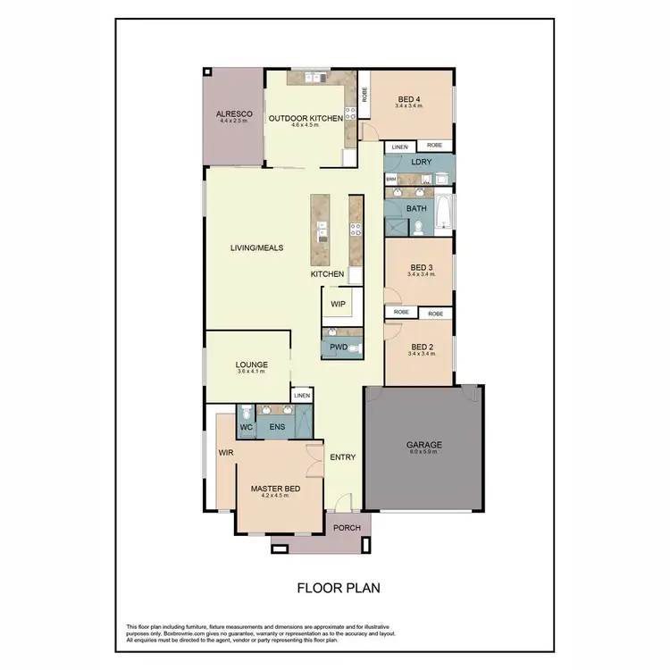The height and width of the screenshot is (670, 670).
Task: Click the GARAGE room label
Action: coord(423,444)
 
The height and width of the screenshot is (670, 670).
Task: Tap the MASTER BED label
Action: coord(274,489)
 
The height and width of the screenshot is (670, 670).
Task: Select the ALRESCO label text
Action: coord(234,114)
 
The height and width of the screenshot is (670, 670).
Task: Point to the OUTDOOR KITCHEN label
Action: coord(306,118)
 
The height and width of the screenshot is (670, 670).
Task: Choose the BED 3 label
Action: coord(422,267)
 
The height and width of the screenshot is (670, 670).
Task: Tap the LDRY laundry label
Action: coord(421,163)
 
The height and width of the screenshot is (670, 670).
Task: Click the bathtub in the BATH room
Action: coord(444,215)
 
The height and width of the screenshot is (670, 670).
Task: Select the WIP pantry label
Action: coord(338,304)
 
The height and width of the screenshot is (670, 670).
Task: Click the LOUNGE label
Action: coord(253,364)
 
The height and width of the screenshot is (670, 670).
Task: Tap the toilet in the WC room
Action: coord(246,414)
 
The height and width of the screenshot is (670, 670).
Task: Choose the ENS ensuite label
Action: coord(277,427)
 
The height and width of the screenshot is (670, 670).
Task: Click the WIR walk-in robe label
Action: coord(225,453)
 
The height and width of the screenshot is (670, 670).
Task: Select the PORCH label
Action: coord(347,527)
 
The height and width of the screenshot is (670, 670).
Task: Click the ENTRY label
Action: coord(343,457)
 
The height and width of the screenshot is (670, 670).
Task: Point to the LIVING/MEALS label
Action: coord(257,248)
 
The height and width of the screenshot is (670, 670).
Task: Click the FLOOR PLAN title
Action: coord(339,588)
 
